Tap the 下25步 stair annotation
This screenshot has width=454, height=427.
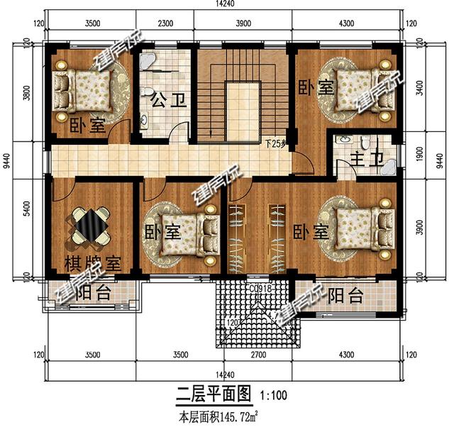pos(275,143)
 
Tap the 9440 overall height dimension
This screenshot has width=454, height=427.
pos(6,167)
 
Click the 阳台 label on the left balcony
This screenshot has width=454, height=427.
pos(93,293)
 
